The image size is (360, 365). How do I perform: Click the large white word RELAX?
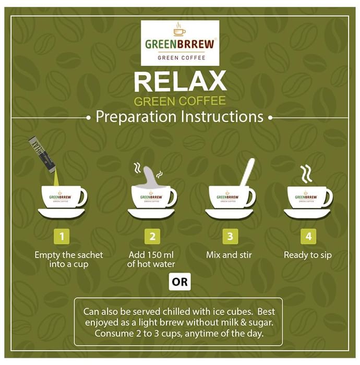(180, 81)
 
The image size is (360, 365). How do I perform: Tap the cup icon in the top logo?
(179, 30)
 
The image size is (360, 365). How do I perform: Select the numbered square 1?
(62, 237)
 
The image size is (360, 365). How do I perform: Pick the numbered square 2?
(152, 237)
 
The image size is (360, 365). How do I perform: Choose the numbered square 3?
(230, 237)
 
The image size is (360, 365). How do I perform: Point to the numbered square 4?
(308, 237)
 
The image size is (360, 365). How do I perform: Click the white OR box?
(179, 282)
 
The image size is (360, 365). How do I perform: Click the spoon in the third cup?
(247, 172)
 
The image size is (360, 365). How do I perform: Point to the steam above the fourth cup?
(306, 174)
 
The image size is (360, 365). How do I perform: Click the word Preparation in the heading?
(136, 117)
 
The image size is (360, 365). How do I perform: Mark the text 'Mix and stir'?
(229, 255)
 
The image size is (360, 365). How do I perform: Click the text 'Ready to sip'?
(308, 256)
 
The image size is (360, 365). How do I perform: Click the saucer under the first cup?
(62, 213)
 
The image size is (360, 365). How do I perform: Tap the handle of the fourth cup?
(328, 198)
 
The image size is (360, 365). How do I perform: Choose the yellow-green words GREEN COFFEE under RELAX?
(180, 101)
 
